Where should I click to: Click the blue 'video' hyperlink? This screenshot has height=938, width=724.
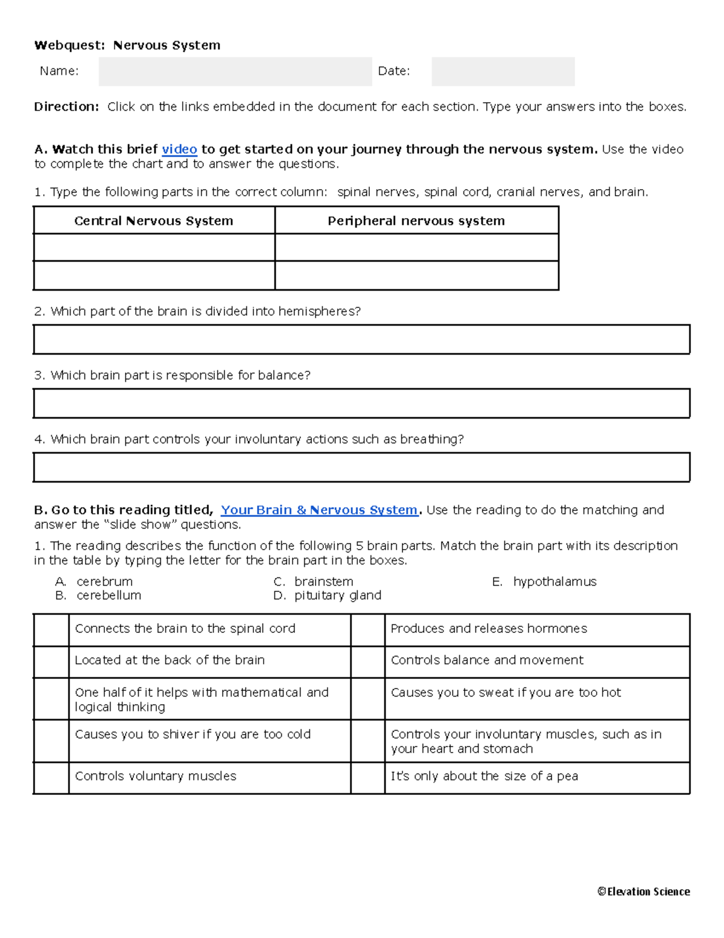pos(179,149)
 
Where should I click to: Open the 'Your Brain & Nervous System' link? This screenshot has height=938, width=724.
pos(319,510)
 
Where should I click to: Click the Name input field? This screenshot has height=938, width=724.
pos(235,71)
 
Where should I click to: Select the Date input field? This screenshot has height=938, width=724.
pos(503,71)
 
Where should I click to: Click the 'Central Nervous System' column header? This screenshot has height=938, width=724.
pos(154,220)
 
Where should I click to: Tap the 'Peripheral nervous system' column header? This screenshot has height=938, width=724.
pos(416,220)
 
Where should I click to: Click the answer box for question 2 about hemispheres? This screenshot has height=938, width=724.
pos(361,339)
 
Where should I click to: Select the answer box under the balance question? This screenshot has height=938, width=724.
pos(361,403)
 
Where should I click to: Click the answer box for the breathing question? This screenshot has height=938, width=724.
pos(361,467)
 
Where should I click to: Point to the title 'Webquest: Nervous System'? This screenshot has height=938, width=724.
pos(127,45)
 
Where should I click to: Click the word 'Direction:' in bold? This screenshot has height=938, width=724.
pos(66,107)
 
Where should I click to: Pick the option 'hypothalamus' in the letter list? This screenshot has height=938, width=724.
pos(554,582)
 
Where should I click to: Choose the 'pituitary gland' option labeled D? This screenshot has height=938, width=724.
pos(337,596)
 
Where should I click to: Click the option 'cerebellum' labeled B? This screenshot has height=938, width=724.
pos(109,596)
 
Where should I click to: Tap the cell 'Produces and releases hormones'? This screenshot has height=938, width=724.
pos(489,629)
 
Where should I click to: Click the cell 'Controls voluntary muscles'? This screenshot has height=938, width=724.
pos(156,776)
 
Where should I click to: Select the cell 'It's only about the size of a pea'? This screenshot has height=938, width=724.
pos(484,776)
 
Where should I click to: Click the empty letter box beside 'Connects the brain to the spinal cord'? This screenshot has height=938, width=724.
pos(51,630)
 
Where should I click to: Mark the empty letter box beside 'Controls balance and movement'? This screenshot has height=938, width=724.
pos(367,662)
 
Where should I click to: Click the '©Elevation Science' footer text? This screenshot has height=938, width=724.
pos(643,891)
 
